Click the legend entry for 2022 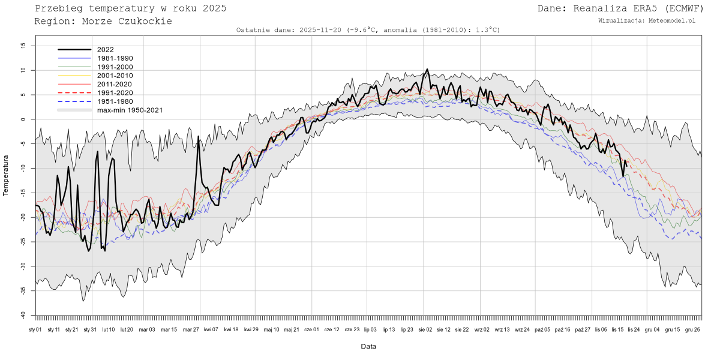tap(104, 50)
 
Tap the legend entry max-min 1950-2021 tap(130, 110)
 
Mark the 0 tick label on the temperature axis tap(23, 119)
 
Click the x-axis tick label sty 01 tap(35, 329)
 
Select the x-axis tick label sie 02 tap(425, 329)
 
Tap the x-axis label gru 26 tap(692, 329)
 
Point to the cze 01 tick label tap(312, 329)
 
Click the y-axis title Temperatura tap(6, 175)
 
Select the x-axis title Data tap(368, 347)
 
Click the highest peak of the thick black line tap(427, 70)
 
